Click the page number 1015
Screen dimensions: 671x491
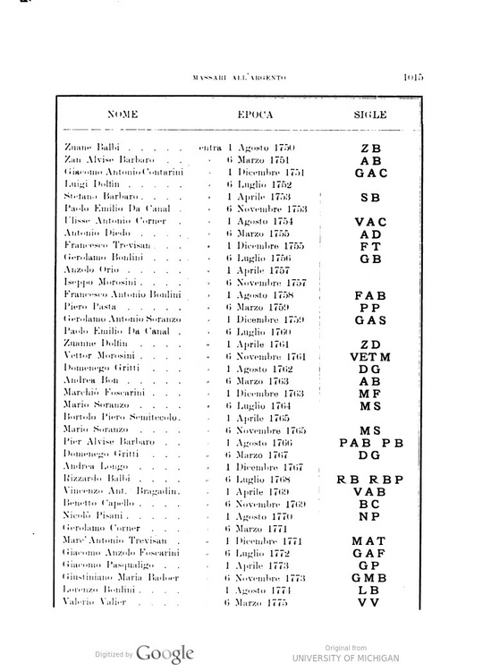(x=413, y=77)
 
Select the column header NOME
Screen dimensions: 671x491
(x=122, y=115)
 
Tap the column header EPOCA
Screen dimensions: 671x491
(x=255, y=115)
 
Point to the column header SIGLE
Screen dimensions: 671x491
(x=369, y=115)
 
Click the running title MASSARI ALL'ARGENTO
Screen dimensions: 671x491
(x=239, y=78)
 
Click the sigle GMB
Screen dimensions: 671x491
(x=369, y=578)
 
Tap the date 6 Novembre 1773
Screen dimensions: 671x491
(x=267, y=578)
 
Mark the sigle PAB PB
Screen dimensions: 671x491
(x=371, y=442)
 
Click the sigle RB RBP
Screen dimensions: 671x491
(x=370, y=479)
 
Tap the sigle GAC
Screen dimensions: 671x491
(x=369, y=172)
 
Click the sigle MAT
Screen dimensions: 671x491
(x=369, y=540)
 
